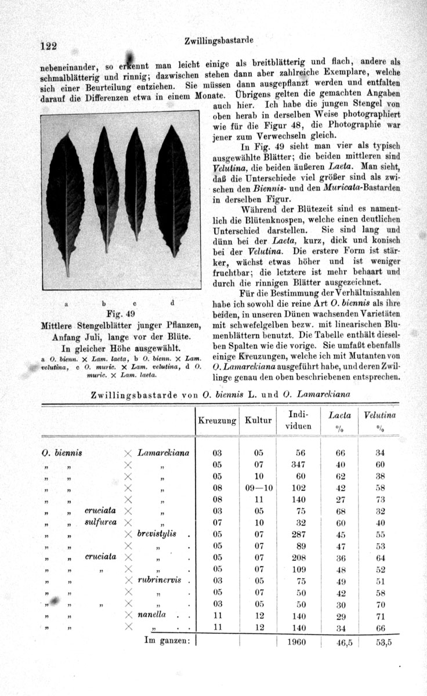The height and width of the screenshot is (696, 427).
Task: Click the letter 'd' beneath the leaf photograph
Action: (172, 303)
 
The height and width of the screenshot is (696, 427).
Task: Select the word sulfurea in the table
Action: (100, 522)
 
